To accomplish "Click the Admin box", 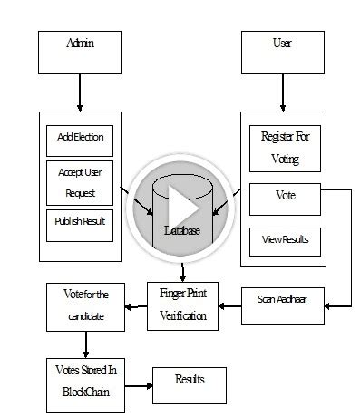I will [80, 53].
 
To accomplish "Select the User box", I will [282, 53].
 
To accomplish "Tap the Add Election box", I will [80, 140].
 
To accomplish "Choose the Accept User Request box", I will [80, 181].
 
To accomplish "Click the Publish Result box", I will [80, 224].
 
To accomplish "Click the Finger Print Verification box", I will [182, 305].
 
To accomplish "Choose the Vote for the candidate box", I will [86, 306].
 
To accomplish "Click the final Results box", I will [190, 384].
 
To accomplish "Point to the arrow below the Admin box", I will [80, 92].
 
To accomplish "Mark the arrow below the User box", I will [282, 92].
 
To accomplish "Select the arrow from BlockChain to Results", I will [137, 386].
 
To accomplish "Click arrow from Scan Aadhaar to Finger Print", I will [230, 307].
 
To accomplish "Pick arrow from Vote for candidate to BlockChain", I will [86, 344].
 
